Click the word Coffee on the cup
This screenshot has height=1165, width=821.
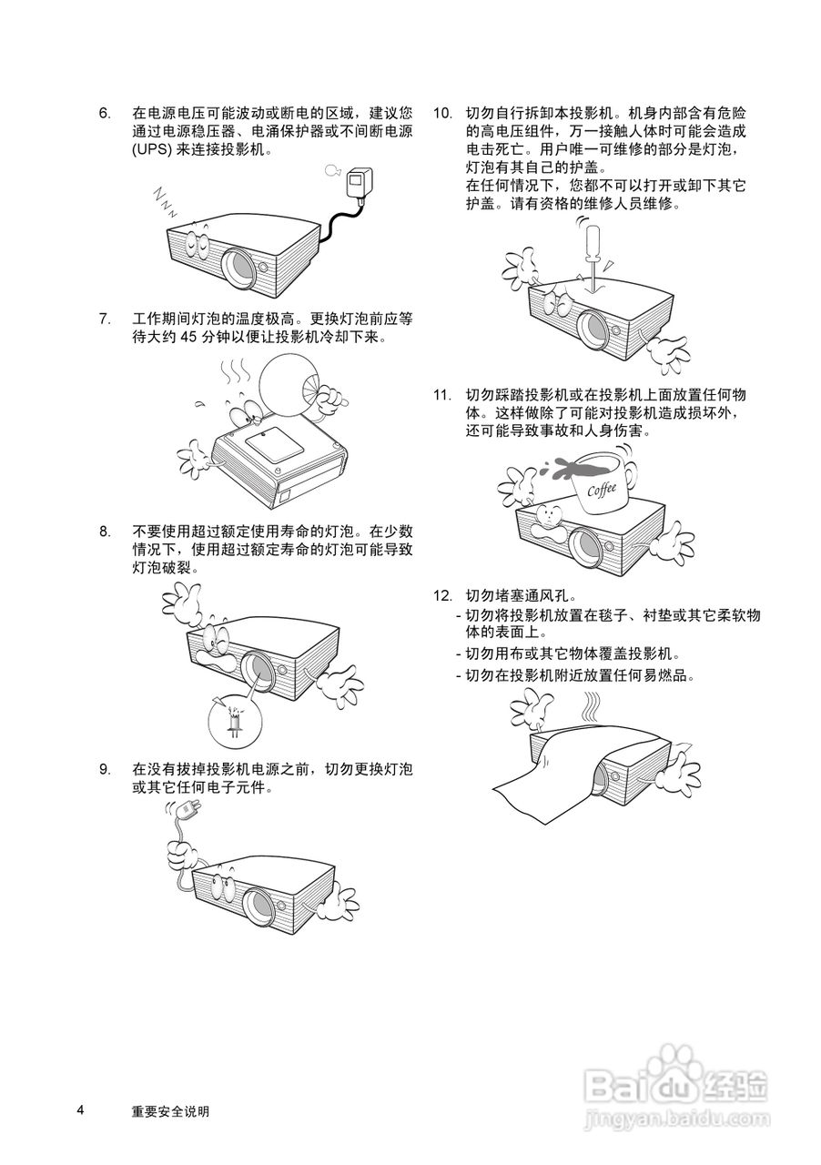tap(602, 489)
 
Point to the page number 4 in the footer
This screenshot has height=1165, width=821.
tap(80, 1110)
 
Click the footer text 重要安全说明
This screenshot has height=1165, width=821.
tap(170, 1111)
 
